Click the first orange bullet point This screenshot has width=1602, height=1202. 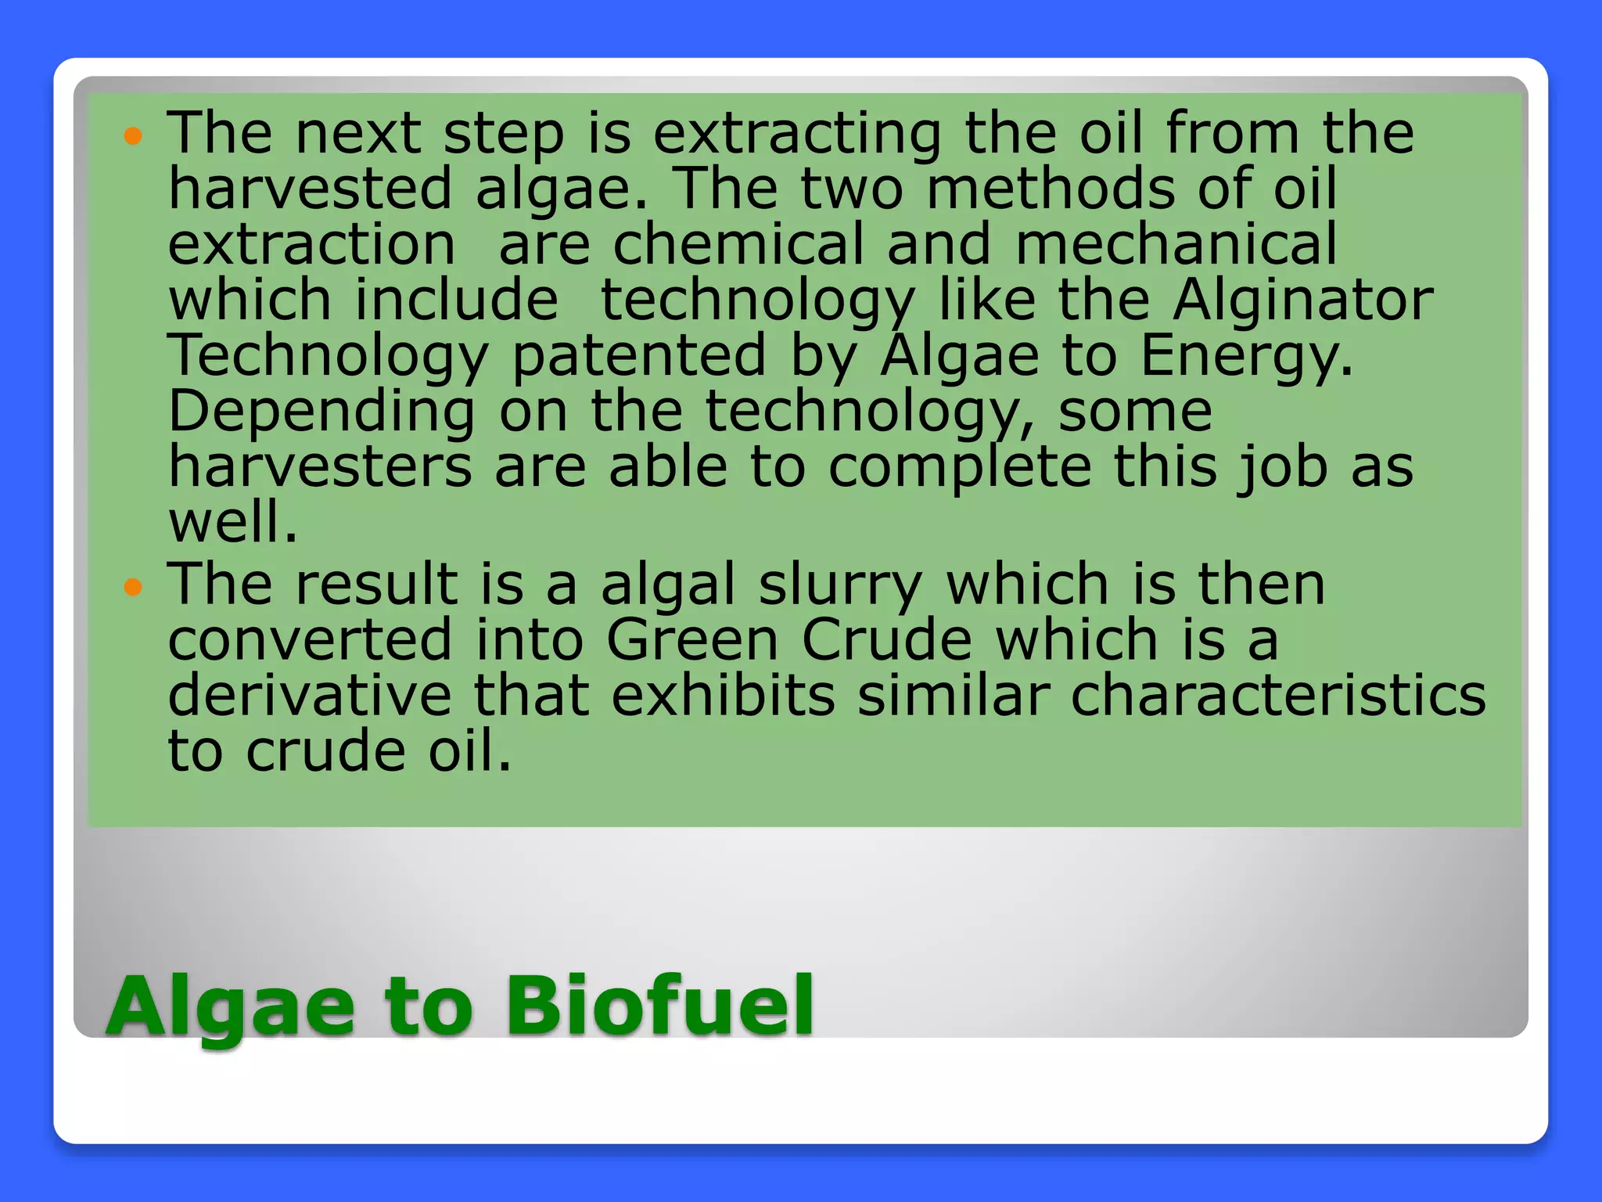pyautogui.click(x=134, y=137)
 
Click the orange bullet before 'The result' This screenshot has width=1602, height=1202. pyautogui.click(x=134, y=587)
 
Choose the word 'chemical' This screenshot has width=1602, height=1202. pyautogui.click(x=738, y=244)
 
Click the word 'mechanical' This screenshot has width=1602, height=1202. pyautogui.click(x=1176, y=244)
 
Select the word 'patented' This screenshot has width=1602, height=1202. pyautogui.click(x=639, y=356)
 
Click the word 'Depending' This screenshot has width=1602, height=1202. pyautogui.click(x=321, y=412)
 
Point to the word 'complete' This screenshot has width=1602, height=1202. pyautogui.click(x=960, y=468)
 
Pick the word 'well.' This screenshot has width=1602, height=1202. pyautogui.click(x=233, y=523)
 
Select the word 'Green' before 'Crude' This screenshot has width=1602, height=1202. pyautogui.click(x=692, y=640)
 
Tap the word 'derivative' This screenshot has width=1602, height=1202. pyautogui.click(x=310, y=696)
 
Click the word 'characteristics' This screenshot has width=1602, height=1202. pyautogui.click(x=1277, y=696)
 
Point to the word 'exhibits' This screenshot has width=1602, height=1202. pyautogui.click(x=723, y=696)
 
